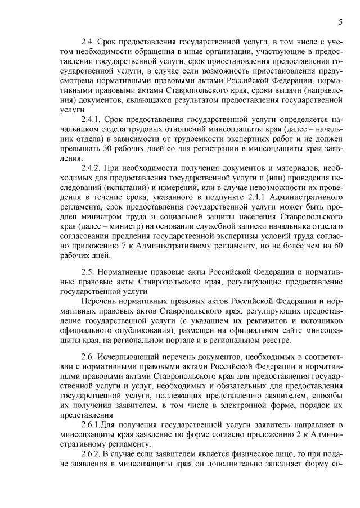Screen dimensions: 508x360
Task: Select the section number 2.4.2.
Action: tap(93, 169)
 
